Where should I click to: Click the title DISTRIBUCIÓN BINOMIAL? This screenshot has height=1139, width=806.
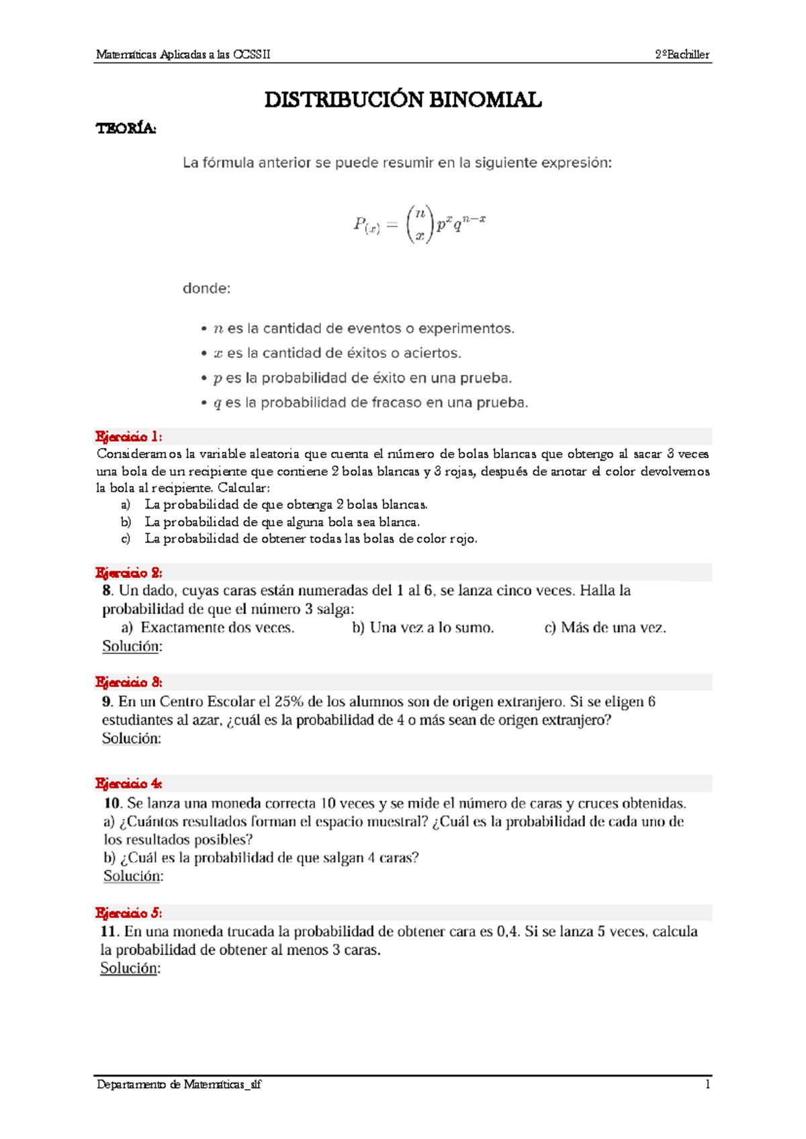point(402,100)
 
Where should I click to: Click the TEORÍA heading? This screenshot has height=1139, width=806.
point(126,128)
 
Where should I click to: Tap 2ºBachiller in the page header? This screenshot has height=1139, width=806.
point(682,55)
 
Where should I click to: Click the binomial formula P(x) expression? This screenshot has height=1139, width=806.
point(419,224)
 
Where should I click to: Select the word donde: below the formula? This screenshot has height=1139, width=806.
point(206,288)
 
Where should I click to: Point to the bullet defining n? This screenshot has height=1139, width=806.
point(363,328)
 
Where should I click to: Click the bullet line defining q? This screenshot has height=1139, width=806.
point(369,403)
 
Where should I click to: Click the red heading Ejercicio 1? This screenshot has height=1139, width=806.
point(128,437)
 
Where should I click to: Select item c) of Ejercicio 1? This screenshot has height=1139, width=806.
point(309,539)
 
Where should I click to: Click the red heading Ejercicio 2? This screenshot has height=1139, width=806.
point(128,573)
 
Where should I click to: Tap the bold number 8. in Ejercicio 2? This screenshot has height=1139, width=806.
point(107,591)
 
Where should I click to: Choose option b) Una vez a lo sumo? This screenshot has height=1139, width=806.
point(422,628)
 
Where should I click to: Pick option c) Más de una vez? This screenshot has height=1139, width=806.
point(604,628)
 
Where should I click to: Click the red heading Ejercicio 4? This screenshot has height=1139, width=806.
point(128,784)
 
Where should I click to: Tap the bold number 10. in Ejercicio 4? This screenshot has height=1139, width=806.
point(112,803)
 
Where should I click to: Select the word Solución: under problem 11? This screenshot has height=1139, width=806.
point(130,968)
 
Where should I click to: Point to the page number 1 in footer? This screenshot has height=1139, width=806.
point(707,1084)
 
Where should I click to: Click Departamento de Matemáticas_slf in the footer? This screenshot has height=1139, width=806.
point(179,1084)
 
